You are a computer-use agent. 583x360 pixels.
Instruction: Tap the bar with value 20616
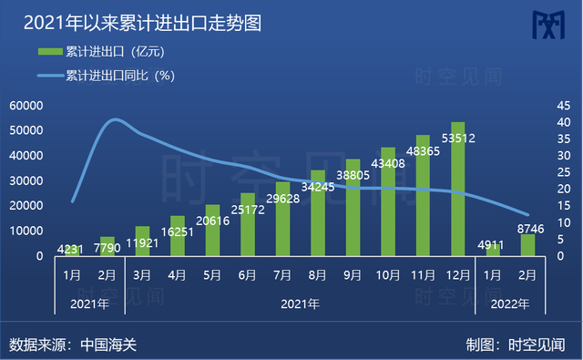pyautogui.click(x=212, y=230)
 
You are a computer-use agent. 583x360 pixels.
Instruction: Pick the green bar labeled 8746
pyautogui.click(x=527, y=245)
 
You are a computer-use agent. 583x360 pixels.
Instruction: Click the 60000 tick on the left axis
pyautogui.click(x=26, y=106)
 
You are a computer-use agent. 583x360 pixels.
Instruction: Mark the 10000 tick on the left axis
pyautogui.click(x=26, y=231)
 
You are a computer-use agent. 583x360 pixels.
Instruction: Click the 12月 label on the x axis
pyautogui.click(x=458, y=273)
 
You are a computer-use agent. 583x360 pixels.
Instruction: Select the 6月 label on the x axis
pyautogui.click(x=247, y=273)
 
